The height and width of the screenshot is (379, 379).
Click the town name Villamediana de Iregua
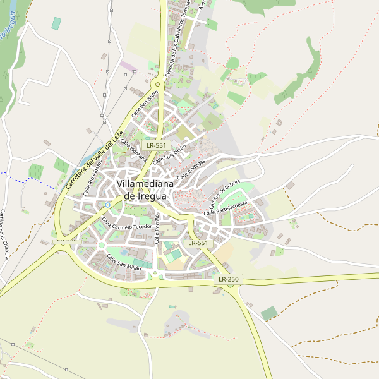[x=142, y=189]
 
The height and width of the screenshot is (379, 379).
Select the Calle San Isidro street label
[x=145, y=104]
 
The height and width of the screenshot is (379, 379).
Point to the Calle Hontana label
[x=134, y=150]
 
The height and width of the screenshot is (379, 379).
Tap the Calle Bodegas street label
[x=191, y=169]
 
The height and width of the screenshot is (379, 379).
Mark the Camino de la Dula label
[x=225, y=195]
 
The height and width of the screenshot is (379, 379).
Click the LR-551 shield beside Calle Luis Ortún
[x=155, y=145]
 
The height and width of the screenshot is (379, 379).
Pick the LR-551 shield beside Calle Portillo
[x=198, y=243]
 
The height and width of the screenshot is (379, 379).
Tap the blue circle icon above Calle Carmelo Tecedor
[x=107, y=205]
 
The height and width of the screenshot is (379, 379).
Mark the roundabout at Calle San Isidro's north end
[x=157, y=83]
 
